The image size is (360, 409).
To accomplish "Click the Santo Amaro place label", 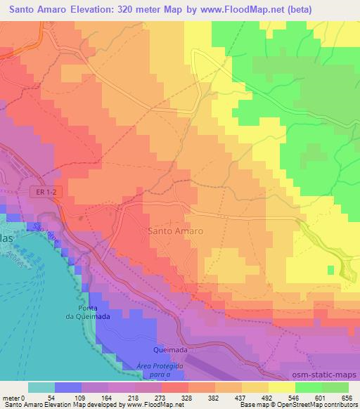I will click(x=176, y=231).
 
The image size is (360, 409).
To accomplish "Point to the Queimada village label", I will click(x=170, y=349).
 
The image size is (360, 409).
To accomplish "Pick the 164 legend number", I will click(x=105, y=398).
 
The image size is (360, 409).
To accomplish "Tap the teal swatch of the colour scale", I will click(x=41, y=387).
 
